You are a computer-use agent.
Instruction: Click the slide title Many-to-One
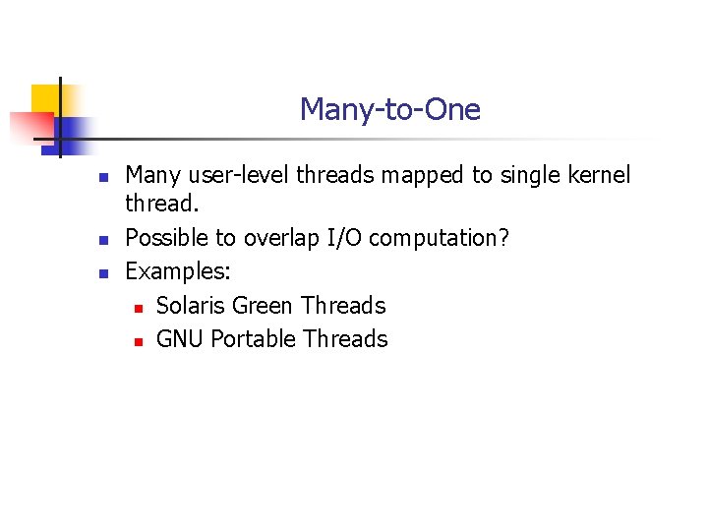click(389, 109)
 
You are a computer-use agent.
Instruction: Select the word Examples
click(178, 271)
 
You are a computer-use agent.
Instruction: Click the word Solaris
click(191, 306)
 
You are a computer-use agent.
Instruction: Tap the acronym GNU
click(180, 339)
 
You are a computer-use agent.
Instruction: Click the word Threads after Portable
click(345, 339)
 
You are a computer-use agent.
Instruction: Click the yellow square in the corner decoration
click(44, 99)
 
